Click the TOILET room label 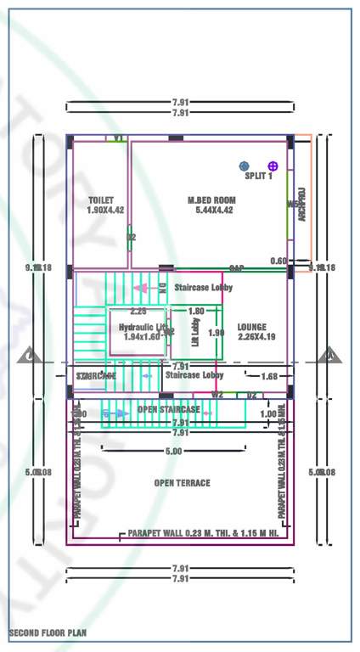tap(100, 200)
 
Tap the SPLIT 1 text tap(258, 177)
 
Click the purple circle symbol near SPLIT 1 tap(273, 166)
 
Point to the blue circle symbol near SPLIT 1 tap(245, 166)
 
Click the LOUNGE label tap(251, 327)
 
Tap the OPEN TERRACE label tap(182, 483)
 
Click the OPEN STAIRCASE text tap(169, 410)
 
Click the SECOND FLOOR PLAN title tap(48, 633)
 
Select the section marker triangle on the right tap(329, 357)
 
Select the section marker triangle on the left tap(29, 357)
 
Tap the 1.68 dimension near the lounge tap(269, 376)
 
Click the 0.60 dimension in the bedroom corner tap(278, 261)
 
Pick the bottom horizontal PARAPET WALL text tap(203, 535)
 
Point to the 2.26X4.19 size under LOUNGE tap(251, 337)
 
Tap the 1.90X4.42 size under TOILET tap(105, 211)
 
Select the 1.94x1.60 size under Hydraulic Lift tap(142, 337)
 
